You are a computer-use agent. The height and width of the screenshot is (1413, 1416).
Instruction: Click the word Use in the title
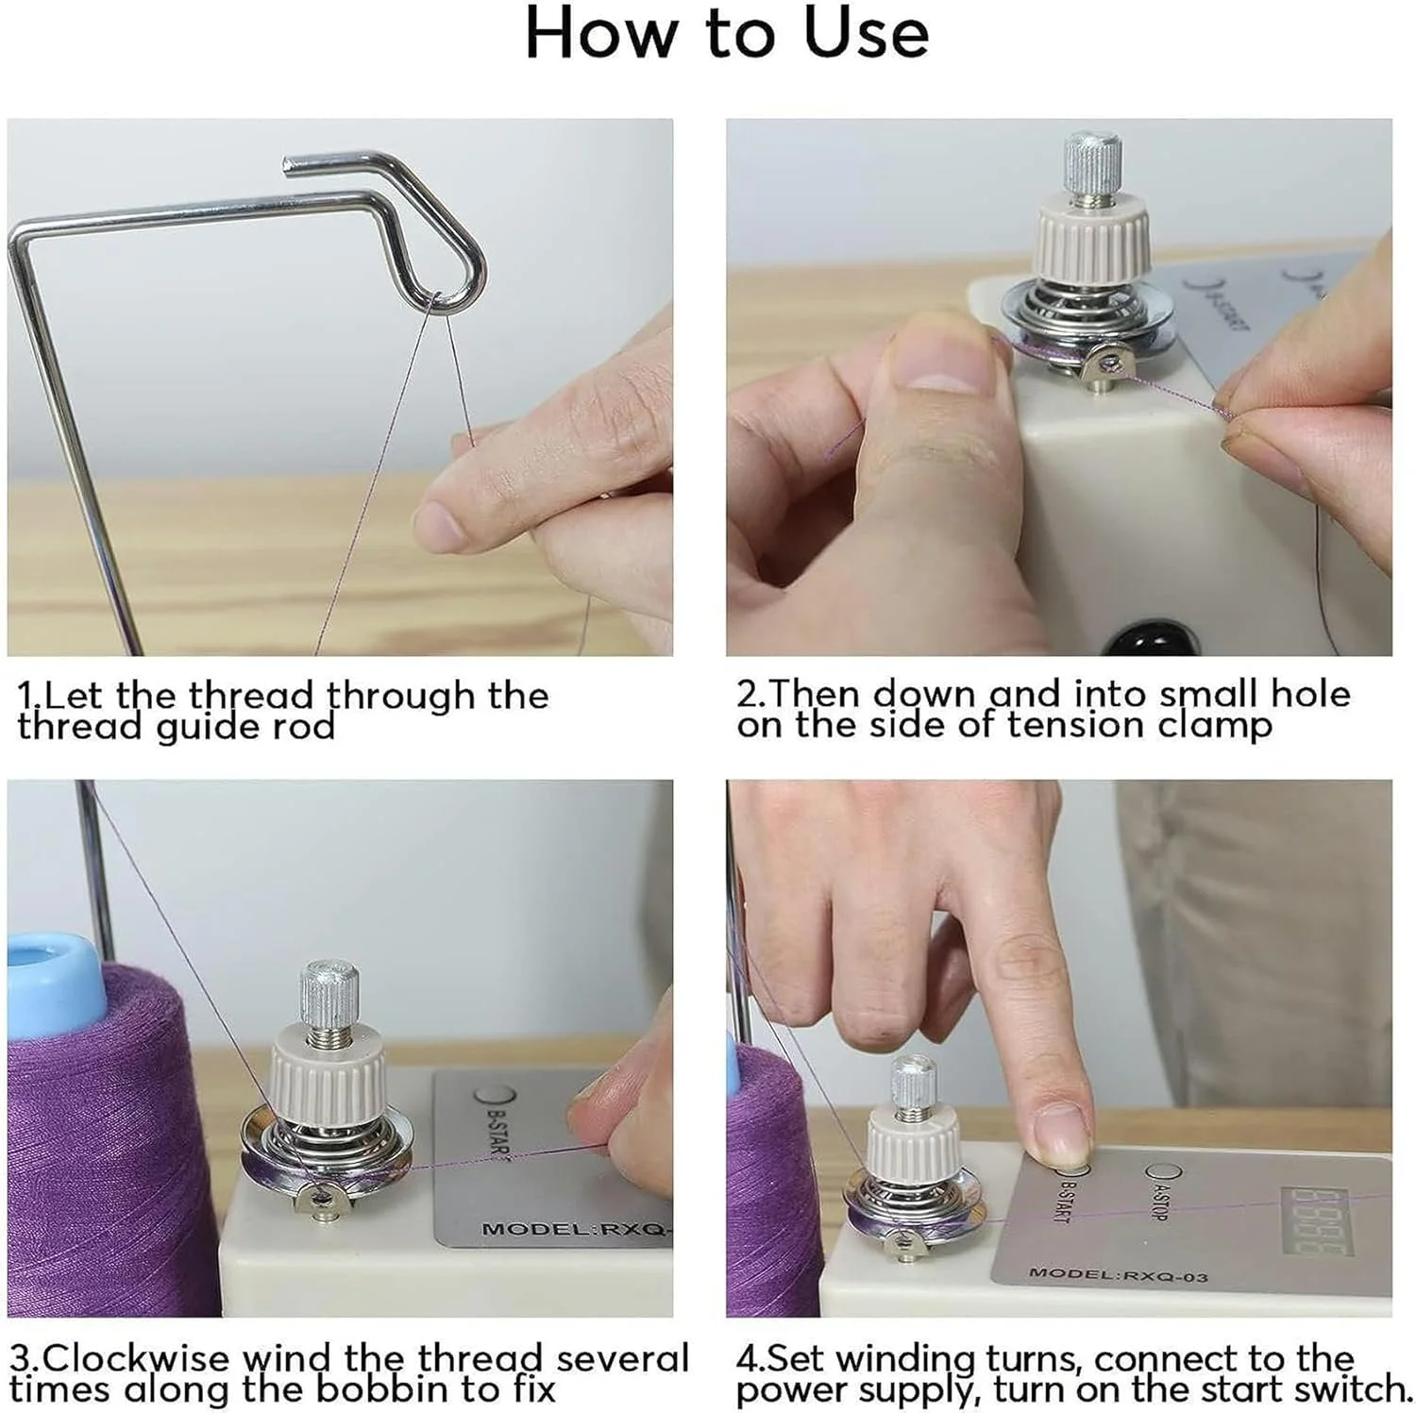(866, 34)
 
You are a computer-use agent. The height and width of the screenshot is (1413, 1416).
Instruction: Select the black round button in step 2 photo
(1148, 640)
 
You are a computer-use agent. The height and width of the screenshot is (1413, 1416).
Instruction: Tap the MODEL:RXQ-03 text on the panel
(1118, 1275)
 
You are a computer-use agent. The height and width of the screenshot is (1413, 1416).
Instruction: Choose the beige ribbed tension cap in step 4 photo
(914, 1136)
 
